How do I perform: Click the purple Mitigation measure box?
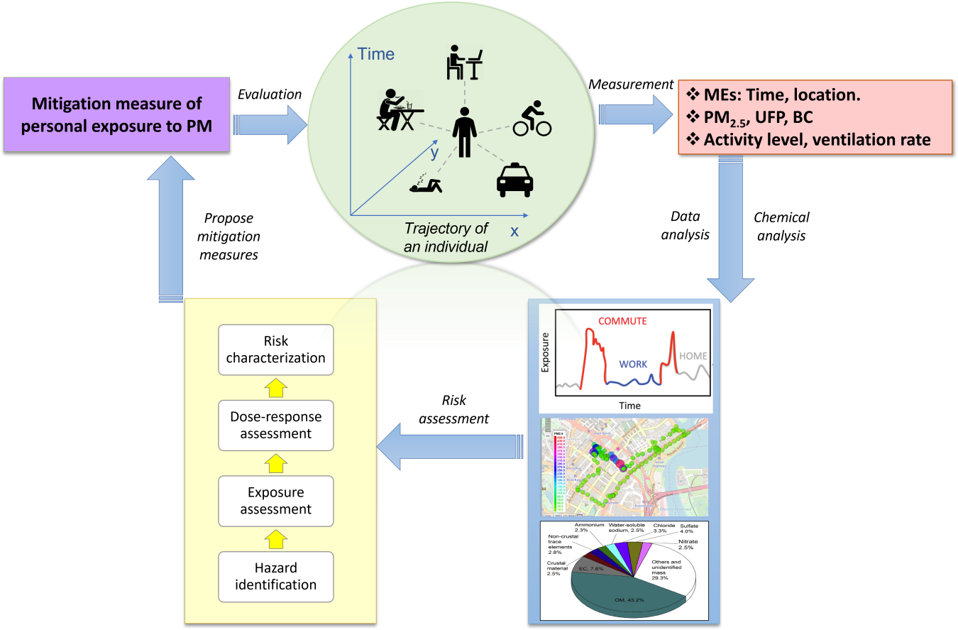pyautogui.click(x=116, y=114)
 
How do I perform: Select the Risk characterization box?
pyautogui.click(x=275, y=349)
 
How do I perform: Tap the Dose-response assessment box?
pyautogui.click(x=275, y=425)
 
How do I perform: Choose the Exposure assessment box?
pyautogui.click(x=275, y=501)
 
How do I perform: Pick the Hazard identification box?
pyautogui.click(x=275, y=576)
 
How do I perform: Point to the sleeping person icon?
pyautogui.click(x=425, y=185)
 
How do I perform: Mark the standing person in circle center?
pyautogui.click(x=465, y=132)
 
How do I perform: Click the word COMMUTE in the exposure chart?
pyautogui.click(x=622, y=321)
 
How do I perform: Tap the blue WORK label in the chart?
pyautogui.click(x=633, y=364)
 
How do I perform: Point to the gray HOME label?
pyautogui.click(x=693, y=356)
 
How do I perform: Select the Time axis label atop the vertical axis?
pyautogui.click(x=376, y=53)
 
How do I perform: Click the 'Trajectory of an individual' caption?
pyautogui.click(x=446, y=238)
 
